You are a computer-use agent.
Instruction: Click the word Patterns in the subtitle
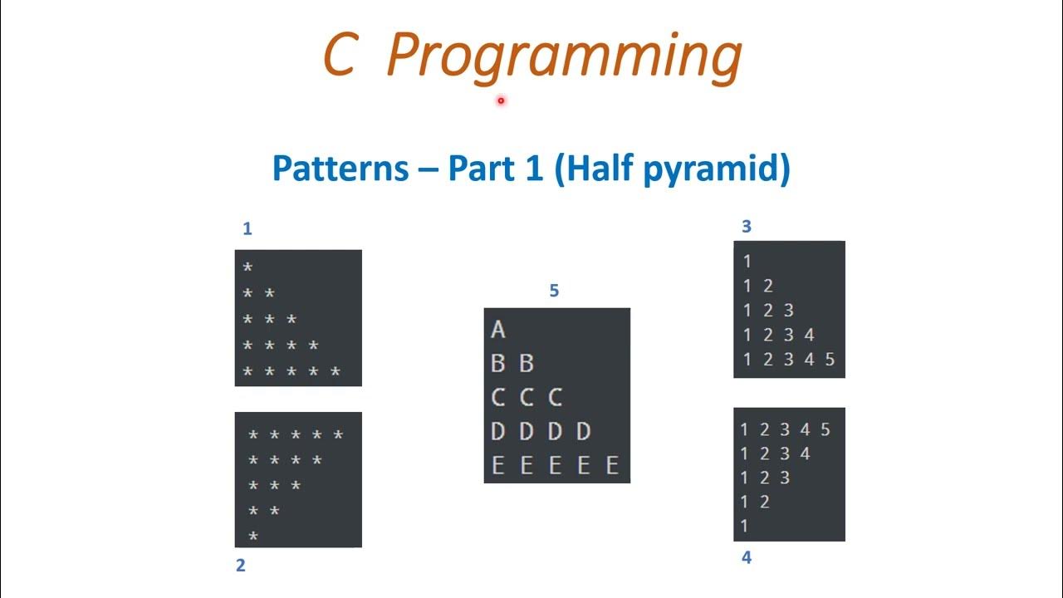pos(340,169)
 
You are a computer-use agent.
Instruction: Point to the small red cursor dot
pos(502,100)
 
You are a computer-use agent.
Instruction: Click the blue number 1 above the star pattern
pos(247,229)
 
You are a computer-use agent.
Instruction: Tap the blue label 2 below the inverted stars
pos(241,566)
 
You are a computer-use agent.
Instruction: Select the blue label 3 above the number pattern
pos(746,226)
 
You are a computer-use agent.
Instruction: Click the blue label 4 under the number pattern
pos(746,557)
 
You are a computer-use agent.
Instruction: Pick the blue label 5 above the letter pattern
pos(554,291)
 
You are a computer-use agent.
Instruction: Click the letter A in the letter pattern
pos(498,330)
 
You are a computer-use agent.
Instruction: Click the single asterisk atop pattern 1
pos(247,268)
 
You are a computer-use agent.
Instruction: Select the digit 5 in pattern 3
pos(830,360)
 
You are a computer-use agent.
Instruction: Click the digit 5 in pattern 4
pos(825,430)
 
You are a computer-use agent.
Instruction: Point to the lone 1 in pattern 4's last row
pos(745,526)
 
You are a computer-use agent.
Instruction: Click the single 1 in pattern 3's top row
pos(747,261)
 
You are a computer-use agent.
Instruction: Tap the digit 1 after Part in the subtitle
pos(533,169)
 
